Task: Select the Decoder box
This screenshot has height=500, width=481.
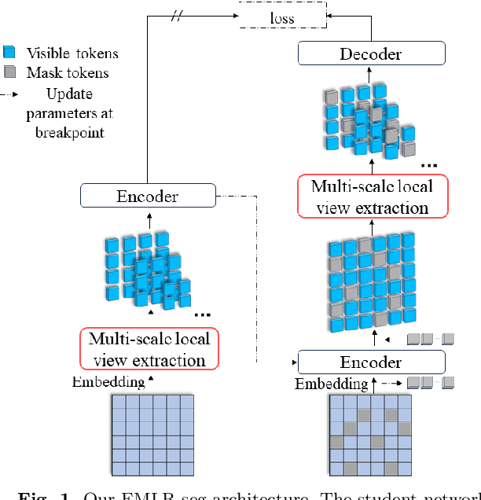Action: (371, 53)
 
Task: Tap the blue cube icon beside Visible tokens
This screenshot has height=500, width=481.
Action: (10, 53)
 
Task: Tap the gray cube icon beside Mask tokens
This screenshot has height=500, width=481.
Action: (10, 73)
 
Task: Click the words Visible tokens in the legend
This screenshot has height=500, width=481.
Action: (72, 53)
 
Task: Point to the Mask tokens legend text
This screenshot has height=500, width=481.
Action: (68, 73)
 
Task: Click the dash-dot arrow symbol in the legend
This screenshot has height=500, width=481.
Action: (12, 94)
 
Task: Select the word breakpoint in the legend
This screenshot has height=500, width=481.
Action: (70, 133)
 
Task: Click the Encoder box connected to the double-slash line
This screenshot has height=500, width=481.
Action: (148, 196)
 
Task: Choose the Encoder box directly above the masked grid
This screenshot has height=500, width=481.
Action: (371, 362)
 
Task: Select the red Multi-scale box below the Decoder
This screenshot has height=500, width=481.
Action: (370, 197)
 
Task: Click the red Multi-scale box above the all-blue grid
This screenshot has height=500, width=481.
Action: (149, 349)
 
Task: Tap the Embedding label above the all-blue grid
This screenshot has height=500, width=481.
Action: (108, 382)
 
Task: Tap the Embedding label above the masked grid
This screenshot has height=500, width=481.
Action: (331, 384)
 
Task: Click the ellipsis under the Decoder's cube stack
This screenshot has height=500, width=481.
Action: (429, 166)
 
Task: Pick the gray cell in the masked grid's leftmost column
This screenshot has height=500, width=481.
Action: (336, 443)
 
